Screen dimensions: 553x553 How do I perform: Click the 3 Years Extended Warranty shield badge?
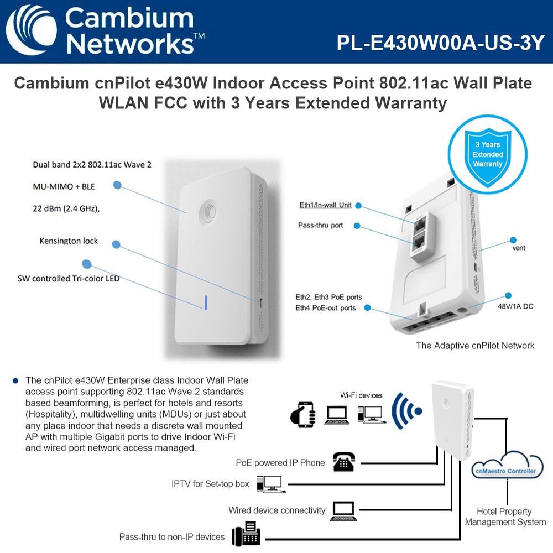[x=487, y=155]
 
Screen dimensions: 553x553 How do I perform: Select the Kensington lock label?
[x=69, y=241]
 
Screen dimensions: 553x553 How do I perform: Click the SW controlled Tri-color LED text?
[x=69, y=279]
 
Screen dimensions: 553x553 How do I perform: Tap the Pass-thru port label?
[x=320, y=226]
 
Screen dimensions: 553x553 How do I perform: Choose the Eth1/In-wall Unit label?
[x=325, y=205]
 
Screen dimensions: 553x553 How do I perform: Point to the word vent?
[x=519, y=248]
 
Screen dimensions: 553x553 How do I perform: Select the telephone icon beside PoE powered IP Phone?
[x=343, y=462]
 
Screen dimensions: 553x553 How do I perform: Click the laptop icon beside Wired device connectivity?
[x=343, y=511]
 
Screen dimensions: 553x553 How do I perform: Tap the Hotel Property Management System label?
[x=505, y=517]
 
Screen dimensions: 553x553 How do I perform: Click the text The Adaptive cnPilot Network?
[x=475, y=346]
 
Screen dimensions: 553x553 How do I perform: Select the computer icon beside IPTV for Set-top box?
[x=271, y=483]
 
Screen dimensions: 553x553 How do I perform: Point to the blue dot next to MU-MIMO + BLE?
[x=117, y=185]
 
